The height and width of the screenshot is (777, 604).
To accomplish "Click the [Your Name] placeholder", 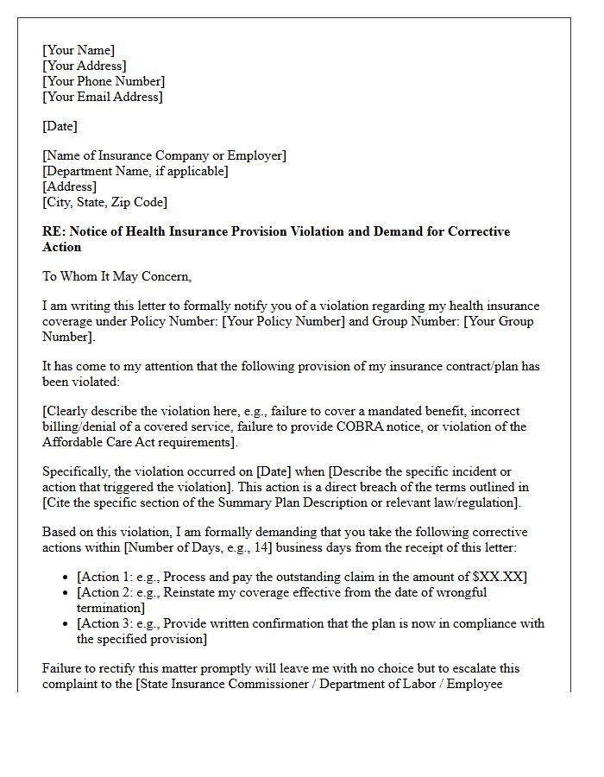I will tap(79, 50).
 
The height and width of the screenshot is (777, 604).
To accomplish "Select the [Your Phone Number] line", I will tap(104, 81).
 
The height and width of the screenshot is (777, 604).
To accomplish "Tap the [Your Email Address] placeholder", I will tap(102, 97).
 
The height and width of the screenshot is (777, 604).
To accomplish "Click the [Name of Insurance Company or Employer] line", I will tap(164, 155).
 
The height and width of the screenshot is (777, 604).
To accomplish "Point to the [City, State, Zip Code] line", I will tap(104, 202).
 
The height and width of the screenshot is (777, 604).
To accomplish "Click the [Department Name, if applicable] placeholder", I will tap(135, 171).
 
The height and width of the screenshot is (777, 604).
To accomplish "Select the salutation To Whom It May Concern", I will tap(116, 276).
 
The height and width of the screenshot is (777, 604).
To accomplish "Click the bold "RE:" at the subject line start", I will tap(53, 231).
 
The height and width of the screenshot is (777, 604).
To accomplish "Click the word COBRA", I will tap(404, 426).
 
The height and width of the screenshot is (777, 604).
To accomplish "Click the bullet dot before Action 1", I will tap(66, 578).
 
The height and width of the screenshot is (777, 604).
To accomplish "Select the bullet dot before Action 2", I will tap(66, 593).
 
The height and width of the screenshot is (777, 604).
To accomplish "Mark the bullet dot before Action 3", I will tap(66, 624).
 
